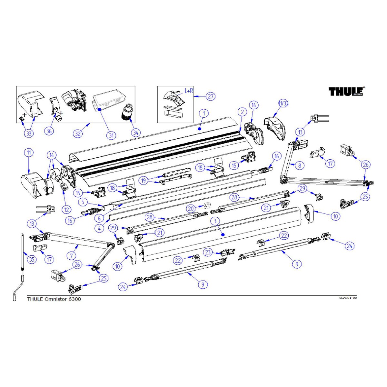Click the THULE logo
(x=347, y=92)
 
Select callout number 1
(x=204, y=114)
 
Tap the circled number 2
(x=242, y=112)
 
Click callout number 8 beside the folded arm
(x=300, y=165)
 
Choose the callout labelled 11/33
(x=283, y=104)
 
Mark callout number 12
(x=66, y=210)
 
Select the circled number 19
(x=144, y=180)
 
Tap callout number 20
(x=191, y=209)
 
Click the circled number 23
(x=208, y=252)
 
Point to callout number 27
(x=211, y=96)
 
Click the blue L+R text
(x=189, y=91)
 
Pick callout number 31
(x=111, y=135)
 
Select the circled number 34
(x=136, y=132)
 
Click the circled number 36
(x=49, y=131)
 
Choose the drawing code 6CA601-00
(x=348, y=298)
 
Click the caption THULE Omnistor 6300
(x=54, y=299)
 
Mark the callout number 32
(x=78, y=134)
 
